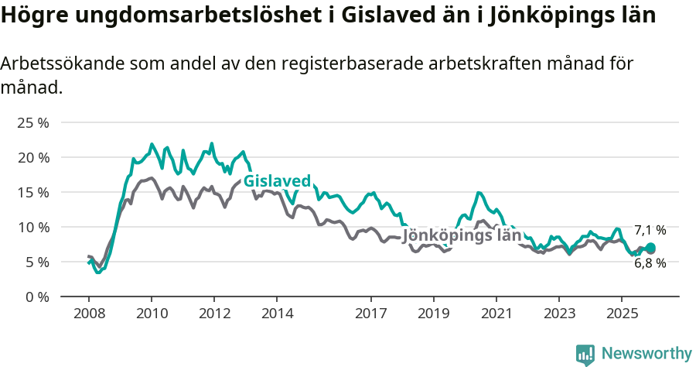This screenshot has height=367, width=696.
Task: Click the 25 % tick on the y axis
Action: pos(32,122)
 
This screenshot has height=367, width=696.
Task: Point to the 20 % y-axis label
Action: pos(32,157)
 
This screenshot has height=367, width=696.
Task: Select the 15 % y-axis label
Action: pos(32,192)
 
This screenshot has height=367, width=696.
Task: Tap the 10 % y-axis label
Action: pos(32,227)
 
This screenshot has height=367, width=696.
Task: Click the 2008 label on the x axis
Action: pos(89,314)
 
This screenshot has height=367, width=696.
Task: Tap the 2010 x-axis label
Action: pos(152,314)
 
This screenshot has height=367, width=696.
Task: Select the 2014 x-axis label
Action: pos(277,314)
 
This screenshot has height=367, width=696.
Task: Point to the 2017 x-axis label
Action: pos(370,314)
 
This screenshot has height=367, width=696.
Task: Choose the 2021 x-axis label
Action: pos(496,314)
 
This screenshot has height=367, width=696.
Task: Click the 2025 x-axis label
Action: pos(621,314)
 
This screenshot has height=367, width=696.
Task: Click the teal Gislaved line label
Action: pos(277,181)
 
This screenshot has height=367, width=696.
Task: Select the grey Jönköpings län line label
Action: pos(462,235)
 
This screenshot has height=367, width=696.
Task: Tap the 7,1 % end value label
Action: pos(650,230)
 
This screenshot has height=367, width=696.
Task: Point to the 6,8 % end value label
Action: pos(650,263)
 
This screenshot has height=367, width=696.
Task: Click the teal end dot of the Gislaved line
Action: pos(650,248)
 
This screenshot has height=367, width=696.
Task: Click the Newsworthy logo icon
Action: pos(585,355)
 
